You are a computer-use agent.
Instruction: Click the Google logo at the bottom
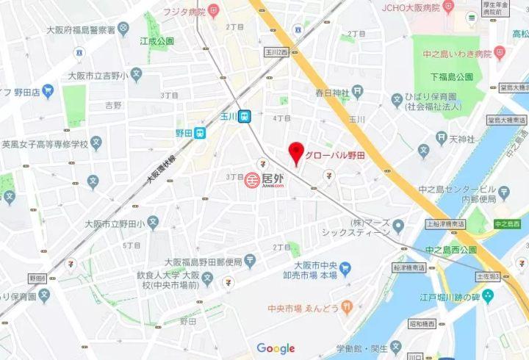pos(276,348)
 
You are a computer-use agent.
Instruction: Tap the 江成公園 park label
pos(156,41)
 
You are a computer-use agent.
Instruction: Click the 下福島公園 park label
pos(451,76)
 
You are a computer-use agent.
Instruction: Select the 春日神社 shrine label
pos(330,93)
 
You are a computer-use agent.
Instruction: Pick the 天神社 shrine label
pos(464,138)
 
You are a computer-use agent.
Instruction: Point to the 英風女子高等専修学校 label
pos(44,144)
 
